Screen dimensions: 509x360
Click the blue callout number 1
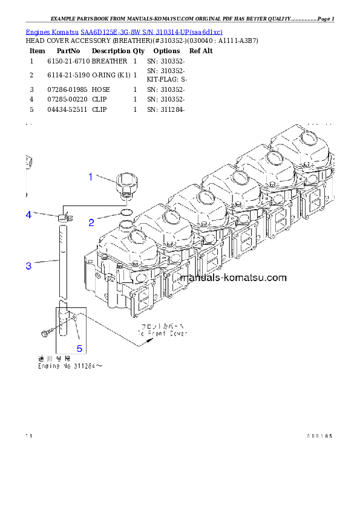pos(91,177)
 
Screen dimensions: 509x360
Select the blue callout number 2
pos(91,222)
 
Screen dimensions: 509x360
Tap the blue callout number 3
pos(28,266)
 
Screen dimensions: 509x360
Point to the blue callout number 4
pos(28,215)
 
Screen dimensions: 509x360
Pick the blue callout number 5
pos(79,348)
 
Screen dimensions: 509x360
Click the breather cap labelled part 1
pos(126,184)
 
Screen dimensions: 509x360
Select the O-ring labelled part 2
pos(126,213)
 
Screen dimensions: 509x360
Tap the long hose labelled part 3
pos(63,260)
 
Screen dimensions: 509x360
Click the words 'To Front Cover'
pos(162,334)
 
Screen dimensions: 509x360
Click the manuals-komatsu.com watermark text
pos(234,278)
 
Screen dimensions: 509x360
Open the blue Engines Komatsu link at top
pos(124,31)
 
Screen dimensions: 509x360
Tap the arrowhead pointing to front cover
pos(146,343)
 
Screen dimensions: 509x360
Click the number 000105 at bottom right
pos(319,436)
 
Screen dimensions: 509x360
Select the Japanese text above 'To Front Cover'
pos(162,327)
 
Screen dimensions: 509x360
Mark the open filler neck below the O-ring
pos(126,225)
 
